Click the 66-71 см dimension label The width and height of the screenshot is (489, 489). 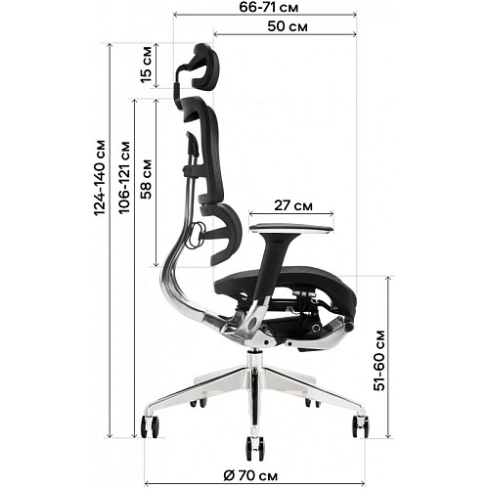[x=269, y=7]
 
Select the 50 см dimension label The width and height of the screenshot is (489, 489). [x=288, y=26]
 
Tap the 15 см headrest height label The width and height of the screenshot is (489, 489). [x=146, y=65]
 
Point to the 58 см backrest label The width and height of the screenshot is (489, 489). [x=146, y=179]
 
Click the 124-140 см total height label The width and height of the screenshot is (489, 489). [x=100, y=178]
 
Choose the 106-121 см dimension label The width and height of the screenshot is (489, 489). [x=124, y=178]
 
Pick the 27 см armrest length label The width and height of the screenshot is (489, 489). [x=293, y=205]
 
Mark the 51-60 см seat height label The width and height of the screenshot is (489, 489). [x=379, y=361]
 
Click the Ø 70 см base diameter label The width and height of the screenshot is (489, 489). [x=250, y=475]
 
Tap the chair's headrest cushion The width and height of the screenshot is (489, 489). [x=205, y=67]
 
